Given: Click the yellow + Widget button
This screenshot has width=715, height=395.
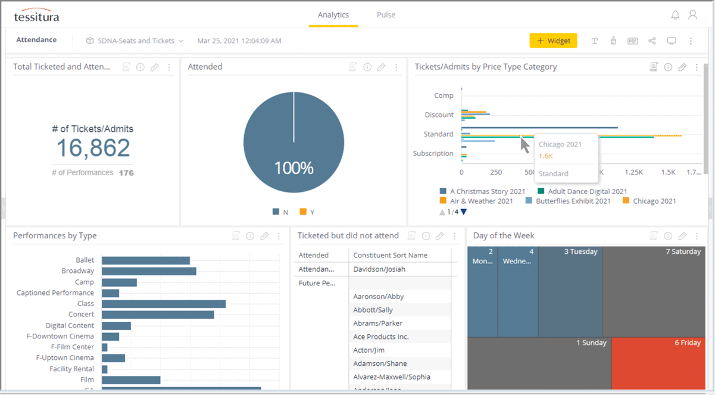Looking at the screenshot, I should (x=553, y=41).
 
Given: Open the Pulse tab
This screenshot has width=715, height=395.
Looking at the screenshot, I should (x=386, y=15).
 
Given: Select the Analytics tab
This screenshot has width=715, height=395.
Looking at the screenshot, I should (x=333, y=15).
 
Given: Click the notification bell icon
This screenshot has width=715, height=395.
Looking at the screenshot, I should (x=675, y=15).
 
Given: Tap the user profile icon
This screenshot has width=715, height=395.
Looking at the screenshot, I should (x=692, y=15).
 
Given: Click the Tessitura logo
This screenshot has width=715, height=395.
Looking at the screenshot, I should (x=36, y=16).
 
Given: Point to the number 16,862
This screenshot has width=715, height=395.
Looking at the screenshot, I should (x=93, y=148).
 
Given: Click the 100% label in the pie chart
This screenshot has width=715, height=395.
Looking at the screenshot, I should (x=294, y=168).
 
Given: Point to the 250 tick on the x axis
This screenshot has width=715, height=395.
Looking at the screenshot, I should (x=495, y=172).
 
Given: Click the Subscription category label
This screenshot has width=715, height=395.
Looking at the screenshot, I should (x=433, y=153).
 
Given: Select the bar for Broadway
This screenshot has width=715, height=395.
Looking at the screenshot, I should (x=149, y=271).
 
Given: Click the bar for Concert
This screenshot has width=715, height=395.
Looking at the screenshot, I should (x=158, y=315).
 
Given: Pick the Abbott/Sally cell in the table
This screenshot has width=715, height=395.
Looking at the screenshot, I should (x=373, y=310).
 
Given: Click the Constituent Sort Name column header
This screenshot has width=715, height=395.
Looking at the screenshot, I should (x=390, y=255).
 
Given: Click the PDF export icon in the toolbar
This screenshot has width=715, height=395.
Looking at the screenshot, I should (x=632, y=41).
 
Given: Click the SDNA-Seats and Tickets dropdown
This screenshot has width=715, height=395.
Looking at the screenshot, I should (x=135, y=41).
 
